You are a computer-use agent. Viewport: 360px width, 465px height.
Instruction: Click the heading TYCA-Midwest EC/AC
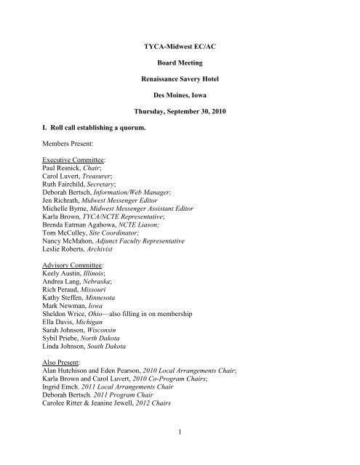[180, 47]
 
